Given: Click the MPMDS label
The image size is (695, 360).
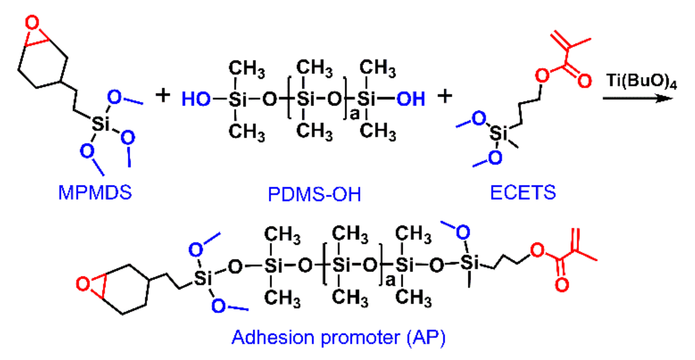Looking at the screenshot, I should (x=95, y=192).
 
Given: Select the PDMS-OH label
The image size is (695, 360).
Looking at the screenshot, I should (x=314, y=194).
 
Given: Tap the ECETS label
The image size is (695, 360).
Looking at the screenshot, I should (x=523, y=192).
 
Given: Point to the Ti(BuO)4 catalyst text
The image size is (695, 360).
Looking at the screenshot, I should (x=641, y=81).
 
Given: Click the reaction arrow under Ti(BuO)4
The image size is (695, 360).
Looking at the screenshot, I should (x=637, y=98).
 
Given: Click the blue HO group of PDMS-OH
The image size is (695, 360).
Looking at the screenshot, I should (x=196, y=99).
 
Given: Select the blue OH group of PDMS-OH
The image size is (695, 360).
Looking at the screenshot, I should (x=411, y=99).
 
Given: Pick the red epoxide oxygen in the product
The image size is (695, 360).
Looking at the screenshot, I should (x=83, y=284).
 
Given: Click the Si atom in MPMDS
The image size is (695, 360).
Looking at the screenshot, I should (x=101, y=124).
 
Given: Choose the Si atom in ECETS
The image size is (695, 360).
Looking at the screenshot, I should (x=498, y=134).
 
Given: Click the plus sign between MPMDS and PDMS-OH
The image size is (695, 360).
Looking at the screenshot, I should (x=163, y=96).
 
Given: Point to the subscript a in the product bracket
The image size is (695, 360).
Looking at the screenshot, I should (x=390, y=280).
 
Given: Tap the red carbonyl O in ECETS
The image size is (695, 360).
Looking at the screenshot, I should (x=584, y=81).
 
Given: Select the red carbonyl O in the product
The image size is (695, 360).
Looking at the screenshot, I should (x=562, y=285).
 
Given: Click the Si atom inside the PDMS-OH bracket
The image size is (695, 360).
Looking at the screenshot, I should (x=303, y=99).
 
